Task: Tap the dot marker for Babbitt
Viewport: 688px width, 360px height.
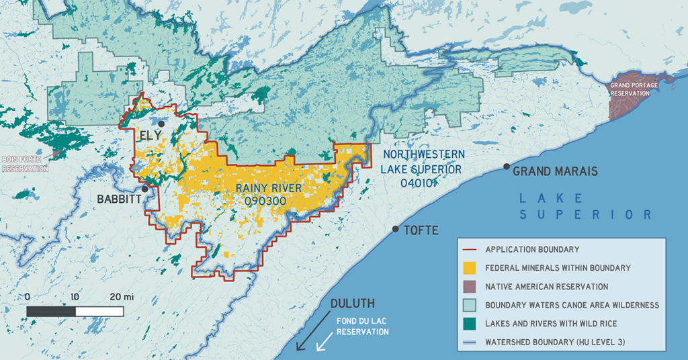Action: click(144, 189)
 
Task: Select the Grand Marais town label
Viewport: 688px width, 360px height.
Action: click(555, 171)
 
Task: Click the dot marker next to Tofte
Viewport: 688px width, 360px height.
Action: click(396, 229)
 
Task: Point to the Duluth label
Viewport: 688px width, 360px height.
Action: click(348, 303)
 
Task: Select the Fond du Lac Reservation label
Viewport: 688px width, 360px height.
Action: click(363, 327)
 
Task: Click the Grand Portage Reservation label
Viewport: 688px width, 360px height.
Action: click(630, 89)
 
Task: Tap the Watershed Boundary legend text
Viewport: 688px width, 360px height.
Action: click(555, 342)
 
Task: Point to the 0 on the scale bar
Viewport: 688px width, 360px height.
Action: click(27, 296)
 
